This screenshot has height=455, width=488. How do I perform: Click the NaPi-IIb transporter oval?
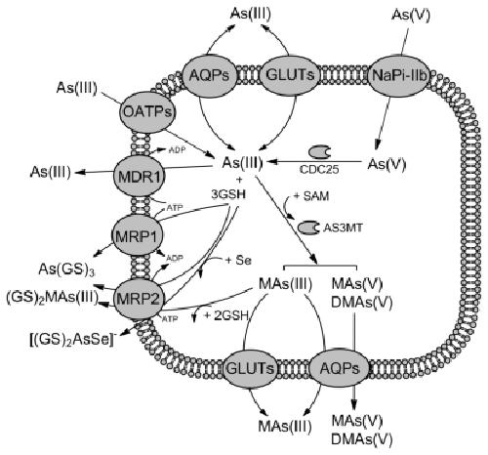tap(399, 76)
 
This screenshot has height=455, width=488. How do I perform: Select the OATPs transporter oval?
tap(148, 112)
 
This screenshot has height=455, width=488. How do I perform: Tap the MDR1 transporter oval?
tap(140, 176)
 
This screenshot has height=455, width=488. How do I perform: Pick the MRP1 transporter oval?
tap(137, 235)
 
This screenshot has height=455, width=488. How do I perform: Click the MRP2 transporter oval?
tap(139, 299)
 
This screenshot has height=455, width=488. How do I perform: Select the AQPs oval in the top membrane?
tap(209, 76)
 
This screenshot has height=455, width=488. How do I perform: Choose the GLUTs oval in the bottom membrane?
tap(250, 369)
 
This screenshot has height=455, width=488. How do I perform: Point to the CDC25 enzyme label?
tap(319, 169)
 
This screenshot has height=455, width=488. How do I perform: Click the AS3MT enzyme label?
tap(343, 227)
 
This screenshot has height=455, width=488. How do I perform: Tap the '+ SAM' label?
tap(311, 196)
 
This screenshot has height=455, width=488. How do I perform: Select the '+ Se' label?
tap(238, 261)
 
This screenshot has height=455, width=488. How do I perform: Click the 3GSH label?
tap(228, 194)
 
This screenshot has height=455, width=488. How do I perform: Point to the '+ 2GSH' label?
tap(226, 315)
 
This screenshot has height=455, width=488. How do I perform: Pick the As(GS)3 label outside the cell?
tap(66, 269)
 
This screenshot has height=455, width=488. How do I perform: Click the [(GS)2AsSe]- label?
tap(73, 340)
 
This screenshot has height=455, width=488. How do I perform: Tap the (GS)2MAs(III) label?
tap(52, 298)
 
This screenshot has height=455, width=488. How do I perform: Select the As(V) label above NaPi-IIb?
tap(411, 15)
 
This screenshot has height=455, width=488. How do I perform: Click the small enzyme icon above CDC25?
tap(319, 152)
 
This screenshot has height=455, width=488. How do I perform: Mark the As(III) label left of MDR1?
tap(51, 172)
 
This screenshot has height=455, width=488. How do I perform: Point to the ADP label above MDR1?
tap(177, 150)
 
